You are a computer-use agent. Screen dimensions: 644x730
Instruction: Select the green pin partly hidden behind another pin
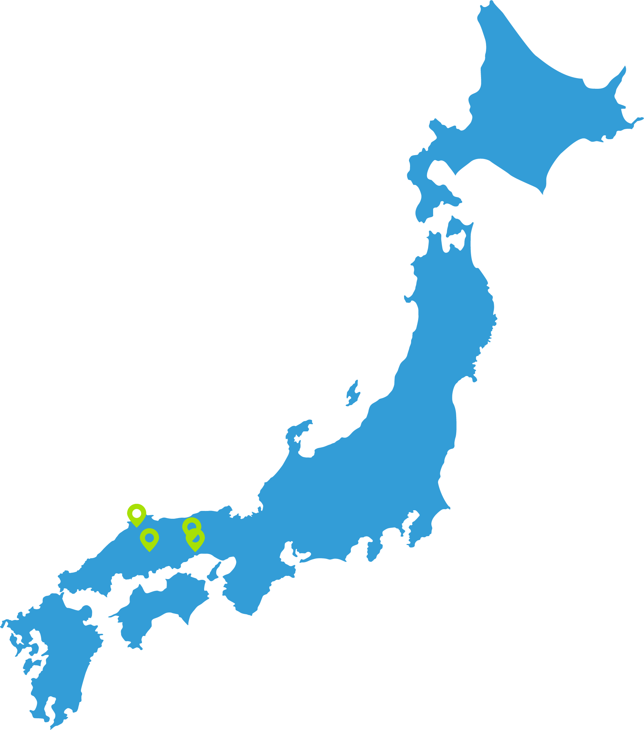191,525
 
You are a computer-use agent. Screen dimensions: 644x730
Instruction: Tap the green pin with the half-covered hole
195,539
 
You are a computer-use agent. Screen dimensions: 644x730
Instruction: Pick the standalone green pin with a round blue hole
149,538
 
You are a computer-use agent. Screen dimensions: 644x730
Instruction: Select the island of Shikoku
161,607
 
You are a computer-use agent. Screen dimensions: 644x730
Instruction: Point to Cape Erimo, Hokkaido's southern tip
542,191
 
